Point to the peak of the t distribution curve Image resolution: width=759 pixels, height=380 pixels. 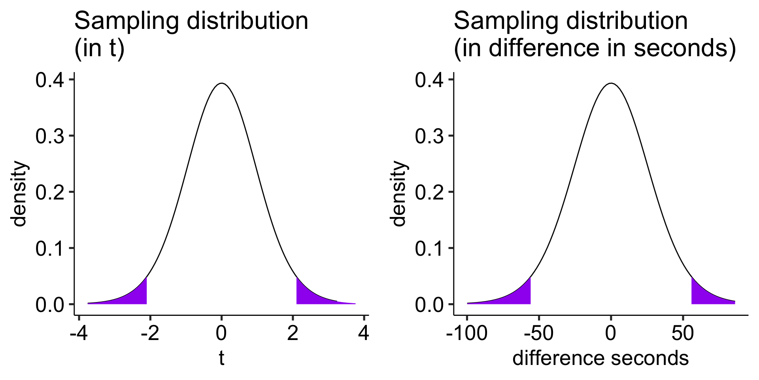pos(222,84)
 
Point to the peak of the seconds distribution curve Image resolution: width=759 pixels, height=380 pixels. pos(611,84)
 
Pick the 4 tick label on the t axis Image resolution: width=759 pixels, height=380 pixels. pos(364,333)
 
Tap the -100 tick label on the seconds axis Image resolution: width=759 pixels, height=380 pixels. pos(466,333)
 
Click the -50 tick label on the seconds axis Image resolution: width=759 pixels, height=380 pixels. pos(538,333)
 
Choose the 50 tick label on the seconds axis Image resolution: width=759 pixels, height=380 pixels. pos(683,333)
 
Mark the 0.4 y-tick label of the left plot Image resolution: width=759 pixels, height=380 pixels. pos(49,81)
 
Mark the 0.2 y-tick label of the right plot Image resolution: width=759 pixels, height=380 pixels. pos(429,193)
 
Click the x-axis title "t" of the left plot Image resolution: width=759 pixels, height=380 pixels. pos(221,358)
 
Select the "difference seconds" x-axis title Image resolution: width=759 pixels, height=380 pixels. pos(600,358)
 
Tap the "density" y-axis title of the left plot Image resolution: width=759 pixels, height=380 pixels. pos(19,194)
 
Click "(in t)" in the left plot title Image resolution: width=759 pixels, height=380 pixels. pos(99,48)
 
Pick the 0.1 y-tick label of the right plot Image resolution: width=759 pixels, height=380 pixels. pos(429,249)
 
